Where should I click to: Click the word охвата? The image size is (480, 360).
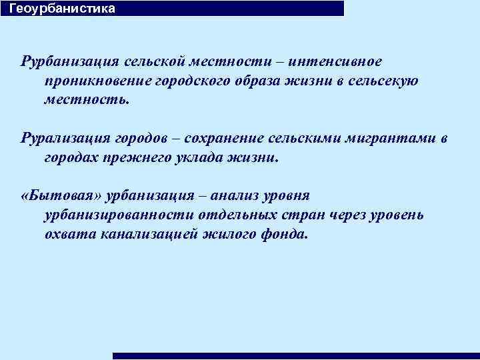(70, 235)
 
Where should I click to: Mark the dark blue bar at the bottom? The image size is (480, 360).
(296, 356)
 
